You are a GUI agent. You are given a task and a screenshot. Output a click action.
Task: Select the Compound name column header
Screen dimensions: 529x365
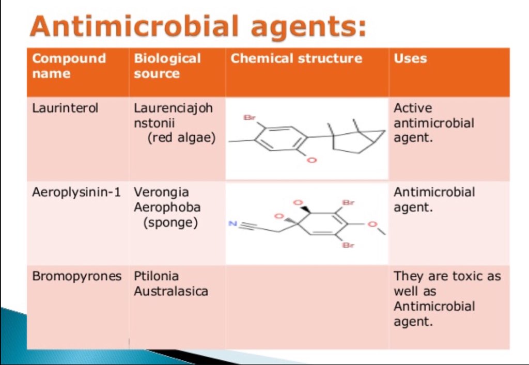pos(69,66)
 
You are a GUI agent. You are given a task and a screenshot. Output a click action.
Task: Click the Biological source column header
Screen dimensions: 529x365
pos(167,66)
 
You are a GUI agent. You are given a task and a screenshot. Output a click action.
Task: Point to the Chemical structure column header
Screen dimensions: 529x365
pos(296,58)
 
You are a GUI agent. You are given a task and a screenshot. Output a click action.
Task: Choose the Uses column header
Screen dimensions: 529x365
pos(410,58)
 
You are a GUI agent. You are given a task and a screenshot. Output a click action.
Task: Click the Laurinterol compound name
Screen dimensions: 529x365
pos(65,108)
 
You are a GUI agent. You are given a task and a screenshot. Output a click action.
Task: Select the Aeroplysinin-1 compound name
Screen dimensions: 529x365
pos(76,193)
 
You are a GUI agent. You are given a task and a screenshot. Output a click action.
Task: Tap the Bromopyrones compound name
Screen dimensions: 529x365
pos(76,276)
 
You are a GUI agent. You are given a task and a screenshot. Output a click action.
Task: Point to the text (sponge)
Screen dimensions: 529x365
pos(170,223)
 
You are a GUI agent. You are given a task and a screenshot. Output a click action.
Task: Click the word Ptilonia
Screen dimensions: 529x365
pos(157,276)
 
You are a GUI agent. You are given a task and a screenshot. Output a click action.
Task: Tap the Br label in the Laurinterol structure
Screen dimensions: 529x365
pos(250,118)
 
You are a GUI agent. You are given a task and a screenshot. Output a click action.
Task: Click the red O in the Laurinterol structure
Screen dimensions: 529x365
pos(311,161)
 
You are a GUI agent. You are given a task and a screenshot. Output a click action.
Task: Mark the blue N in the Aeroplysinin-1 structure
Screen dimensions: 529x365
pos(232,224)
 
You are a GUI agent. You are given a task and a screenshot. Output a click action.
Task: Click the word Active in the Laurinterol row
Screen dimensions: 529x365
pos(413,108)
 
